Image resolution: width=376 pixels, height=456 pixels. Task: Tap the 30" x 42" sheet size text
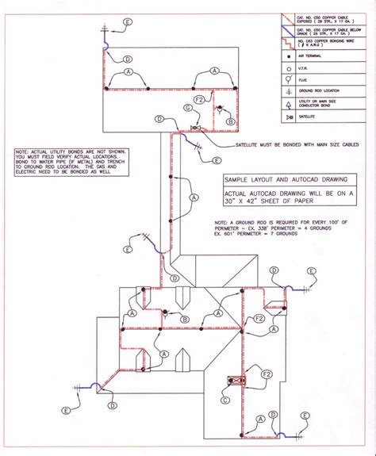point(290,199)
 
